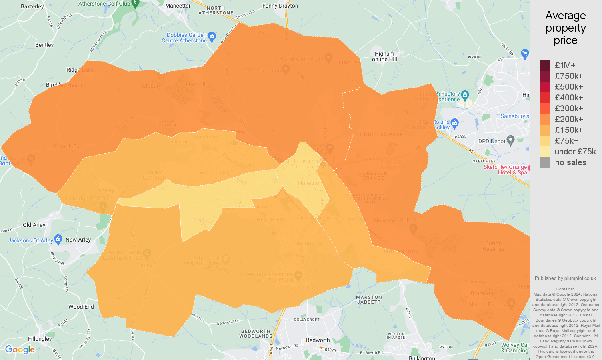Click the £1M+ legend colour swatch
(545, 65)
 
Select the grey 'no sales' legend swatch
(545, 162)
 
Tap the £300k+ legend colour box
(545, 108)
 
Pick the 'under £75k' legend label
(575, 152)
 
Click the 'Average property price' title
(566, 28)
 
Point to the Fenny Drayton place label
(280, 6)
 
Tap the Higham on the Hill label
(384, 56)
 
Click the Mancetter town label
(178, 6)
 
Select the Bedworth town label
(318, 340)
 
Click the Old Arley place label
(34, 225)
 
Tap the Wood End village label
(81, 307)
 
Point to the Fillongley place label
(40, 339)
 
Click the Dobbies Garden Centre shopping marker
(212, 36)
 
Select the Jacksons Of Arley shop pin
(58, 240)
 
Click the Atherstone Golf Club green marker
(136, 4)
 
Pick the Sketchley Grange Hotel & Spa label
(505, 170)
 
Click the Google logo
(20, 350)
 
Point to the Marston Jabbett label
(369, 300)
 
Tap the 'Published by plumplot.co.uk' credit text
(566, 278)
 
